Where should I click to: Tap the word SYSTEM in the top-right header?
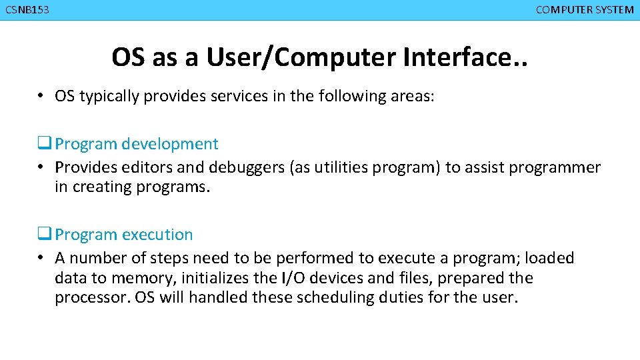point(613,10)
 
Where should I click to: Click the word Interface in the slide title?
point(456,58)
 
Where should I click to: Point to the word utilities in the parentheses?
point(347,167)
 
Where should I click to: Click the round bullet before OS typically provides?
point(41,96)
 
